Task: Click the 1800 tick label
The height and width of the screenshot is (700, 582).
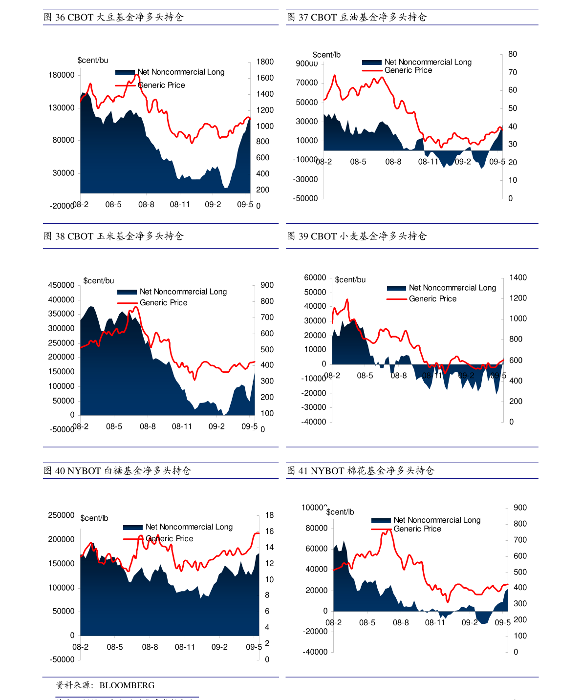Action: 265,62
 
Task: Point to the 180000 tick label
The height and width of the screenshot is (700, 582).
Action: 62,75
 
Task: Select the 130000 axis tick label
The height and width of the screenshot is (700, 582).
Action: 62,108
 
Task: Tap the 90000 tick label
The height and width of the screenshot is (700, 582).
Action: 307,64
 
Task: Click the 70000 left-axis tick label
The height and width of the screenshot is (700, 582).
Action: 307,83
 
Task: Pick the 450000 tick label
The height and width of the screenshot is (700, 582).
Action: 62,285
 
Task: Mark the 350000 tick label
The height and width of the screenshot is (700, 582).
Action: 62,314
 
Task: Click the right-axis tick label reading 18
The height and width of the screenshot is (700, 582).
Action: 269,515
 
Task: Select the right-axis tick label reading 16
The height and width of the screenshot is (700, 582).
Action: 269,531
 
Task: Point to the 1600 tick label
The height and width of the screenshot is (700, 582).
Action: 265,78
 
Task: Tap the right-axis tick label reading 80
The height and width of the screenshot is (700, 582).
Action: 513,54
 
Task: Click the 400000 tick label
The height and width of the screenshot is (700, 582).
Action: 62,300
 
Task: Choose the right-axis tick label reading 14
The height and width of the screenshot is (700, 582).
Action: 269,548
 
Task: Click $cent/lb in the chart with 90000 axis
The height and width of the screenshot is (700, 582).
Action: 326,55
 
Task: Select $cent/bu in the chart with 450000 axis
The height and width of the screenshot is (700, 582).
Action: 99,281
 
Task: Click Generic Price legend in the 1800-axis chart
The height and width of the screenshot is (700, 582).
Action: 161,85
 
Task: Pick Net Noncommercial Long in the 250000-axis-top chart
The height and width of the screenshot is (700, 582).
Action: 189,527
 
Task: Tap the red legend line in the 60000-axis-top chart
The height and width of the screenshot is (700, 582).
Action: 396,299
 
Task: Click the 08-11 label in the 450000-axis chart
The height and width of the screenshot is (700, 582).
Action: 182,427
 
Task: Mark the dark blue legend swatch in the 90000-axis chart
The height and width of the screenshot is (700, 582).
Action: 371,63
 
